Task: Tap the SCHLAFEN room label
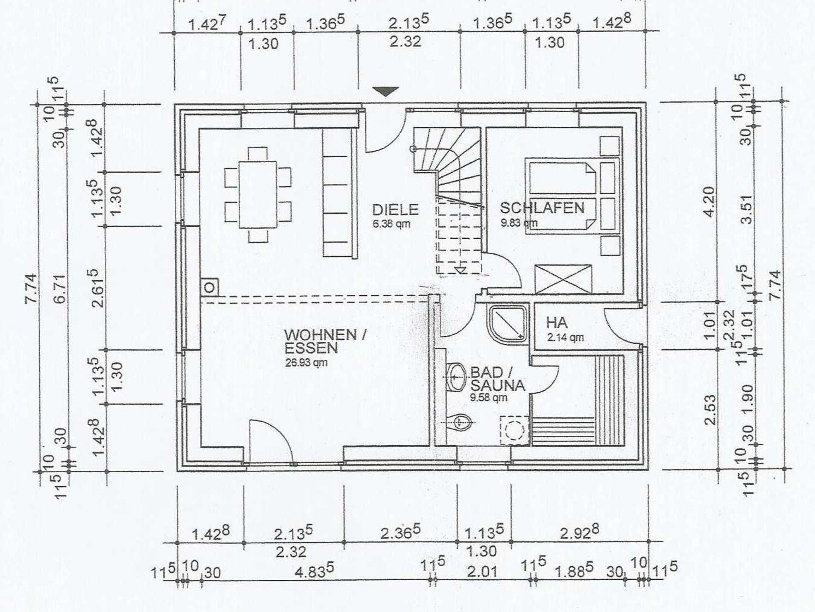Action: click(542, 208)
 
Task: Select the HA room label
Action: click(557, 322)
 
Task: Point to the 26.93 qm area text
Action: click(306, 363)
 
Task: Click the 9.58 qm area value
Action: click(489, 397)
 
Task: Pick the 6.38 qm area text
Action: click(391, 224)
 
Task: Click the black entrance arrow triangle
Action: click(386, 92)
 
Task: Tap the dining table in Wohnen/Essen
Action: click(258, 194)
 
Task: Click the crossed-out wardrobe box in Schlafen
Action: click(563, 279)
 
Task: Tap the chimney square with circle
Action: click(210, 287)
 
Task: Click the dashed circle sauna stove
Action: click(515, 431)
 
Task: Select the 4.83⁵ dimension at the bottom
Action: click(314, 571)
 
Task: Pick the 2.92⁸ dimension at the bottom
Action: click(579, 533)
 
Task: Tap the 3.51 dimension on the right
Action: click(747, 209)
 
